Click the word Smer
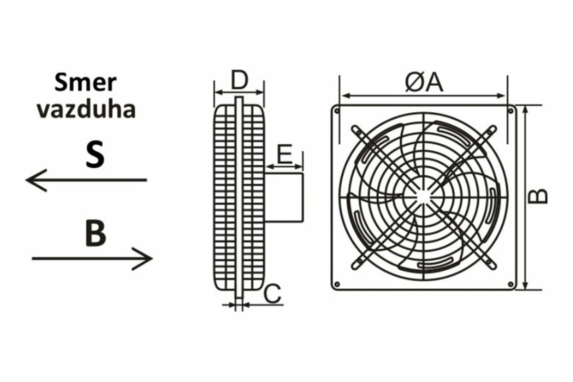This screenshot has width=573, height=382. point(85,83)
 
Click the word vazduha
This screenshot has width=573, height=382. point(86,109)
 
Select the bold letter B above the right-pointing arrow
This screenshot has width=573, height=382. point(95,233)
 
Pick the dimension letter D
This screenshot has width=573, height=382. point(239,81)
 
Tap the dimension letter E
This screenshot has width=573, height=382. point(285,155)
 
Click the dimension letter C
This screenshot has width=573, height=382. point(272,295)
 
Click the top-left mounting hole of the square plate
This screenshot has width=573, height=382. point(337,111)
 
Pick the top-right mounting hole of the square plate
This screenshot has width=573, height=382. point(510,111)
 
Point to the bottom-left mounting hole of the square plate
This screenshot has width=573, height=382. point(337,284)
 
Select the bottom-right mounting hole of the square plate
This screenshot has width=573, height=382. point(510,284)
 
